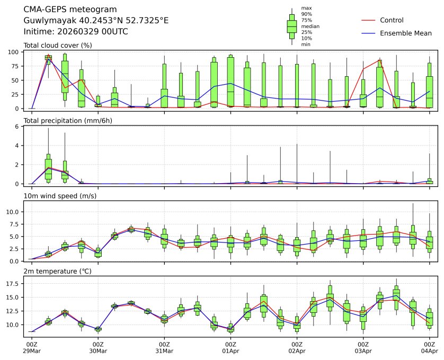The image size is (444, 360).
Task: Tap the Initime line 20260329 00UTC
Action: point(76,31)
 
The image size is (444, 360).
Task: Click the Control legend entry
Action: point(392,20)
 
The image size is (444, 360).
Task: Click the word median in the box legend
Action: point(310,26)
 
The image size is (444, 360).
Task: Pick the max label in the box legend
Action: point(306,8)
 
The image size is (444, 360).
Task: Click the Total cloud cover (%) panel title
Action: point(58,46)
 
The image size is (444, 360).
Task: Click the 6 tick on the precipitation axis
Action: point(18,126)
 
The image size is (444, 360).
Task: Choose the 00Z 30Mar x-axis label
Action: point(98,347)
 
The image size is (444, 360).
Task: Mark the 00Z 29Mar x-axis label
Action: point(32,347)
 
